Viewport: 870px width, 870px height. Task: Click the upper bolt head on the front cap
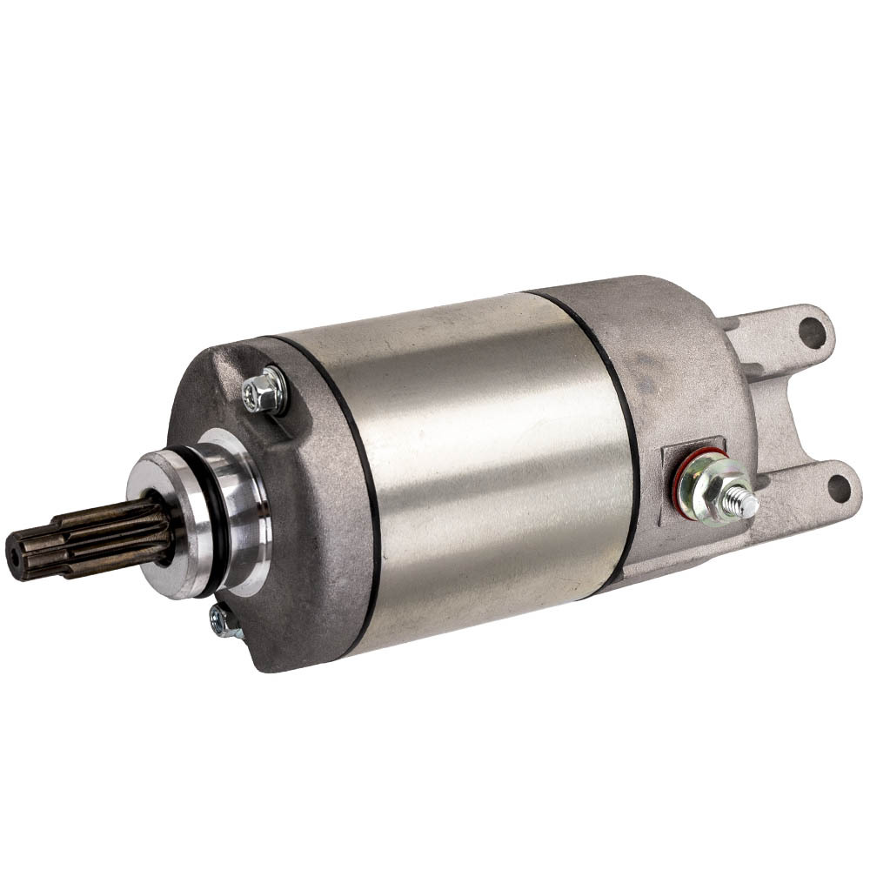[x=266, y=392]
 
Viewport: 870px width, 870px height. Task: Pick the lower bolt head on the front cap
[x=224, y=622]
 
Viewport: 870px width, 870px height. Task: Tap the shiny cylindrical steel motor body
[x=487, y=461]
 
